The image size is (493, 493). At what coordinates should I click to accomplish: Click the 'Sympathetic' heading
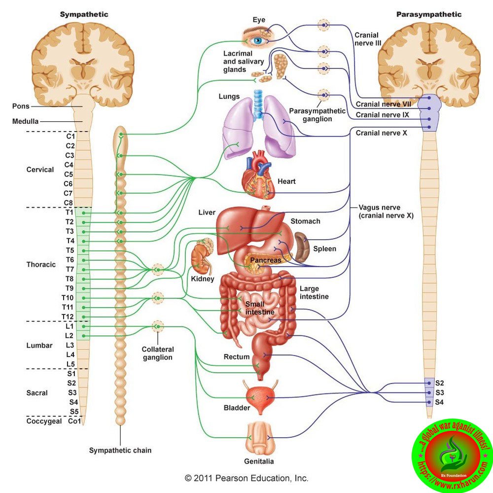[x=84, y=14]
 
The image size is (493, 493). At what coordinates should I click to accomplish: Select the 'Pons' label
[x=21, y=106]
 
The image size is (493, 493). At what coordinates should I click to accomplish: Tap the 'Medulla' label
[x=25, y=121]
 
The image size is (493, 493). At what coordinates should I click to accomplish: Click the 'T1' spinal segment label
[x=70, y=212]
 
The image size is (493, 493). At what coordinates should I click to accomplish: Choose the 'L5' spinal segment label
[x=70, y=364]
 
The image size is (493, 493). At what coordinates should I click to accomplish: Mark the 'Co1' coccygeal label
[x=74, y=421]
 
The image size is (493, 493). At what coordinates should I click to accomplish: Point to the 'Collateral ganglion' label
[x=158, y=353]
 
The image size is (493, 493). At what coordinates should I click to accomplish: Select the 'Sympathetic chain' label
[x=120, y=450]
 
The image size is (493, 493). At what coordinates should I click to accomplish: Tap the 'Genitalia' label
[x=259, y=461]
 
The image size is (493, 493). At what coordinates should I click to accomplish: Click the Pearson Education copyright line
[x=246, y=478]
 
